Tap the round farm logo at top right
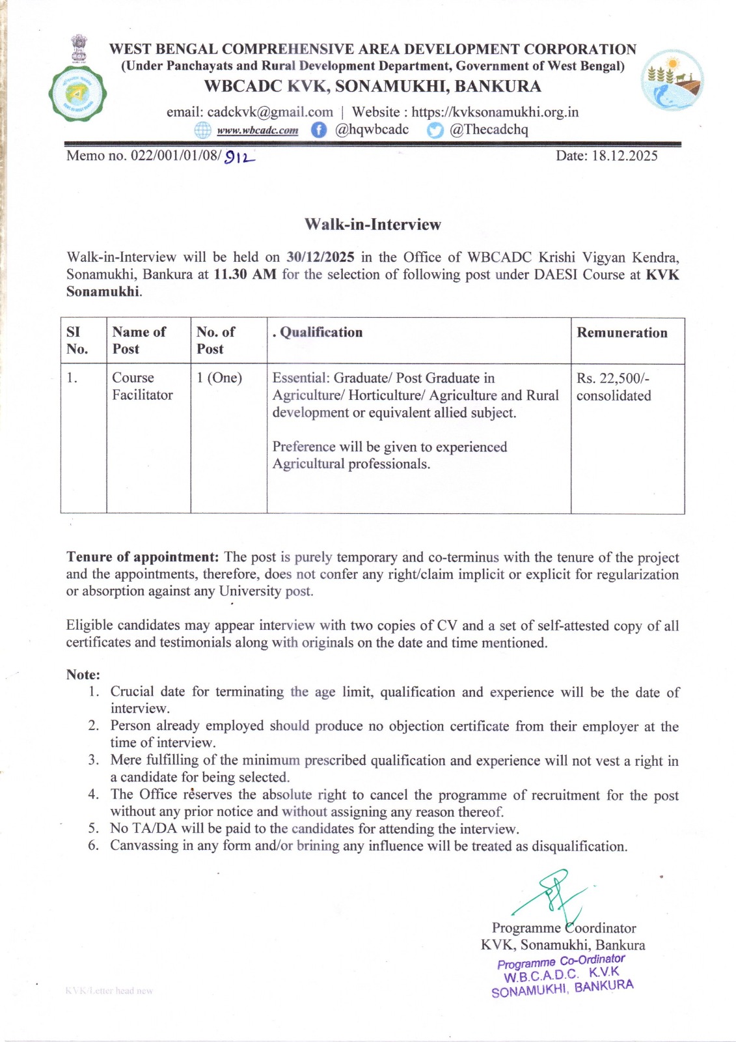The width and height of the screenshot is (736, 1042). pos(672,79)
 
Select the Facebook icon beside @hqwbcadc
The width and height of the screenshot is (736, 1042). pos(318,130)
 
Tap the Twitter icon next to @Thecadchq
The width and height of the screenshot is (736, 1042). pos(435,130)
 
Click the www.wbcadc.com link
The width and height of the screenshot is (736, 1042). pos(258,130)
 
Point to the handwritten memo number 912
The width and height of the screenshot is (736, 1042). pos(239,157)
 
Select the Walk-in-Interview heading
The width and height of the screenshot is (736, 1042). pos(372,225)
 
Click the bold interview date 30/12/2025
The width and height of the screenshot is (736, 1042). pos(320,257)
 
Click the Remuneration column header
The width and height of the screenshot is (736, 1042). pos(621,333)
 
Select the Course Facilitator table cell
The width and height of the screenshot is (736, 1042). pos(143,386)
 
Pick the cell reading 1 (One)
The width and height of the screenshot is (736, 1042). pos(219,378)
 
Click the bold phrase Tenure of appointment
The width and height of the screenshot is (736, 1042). pos(143,557)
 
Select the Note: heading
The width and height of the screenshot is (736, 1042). pos(83,675)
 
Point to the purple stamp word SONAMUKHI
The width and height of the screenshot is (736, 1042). pos(528,991)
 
